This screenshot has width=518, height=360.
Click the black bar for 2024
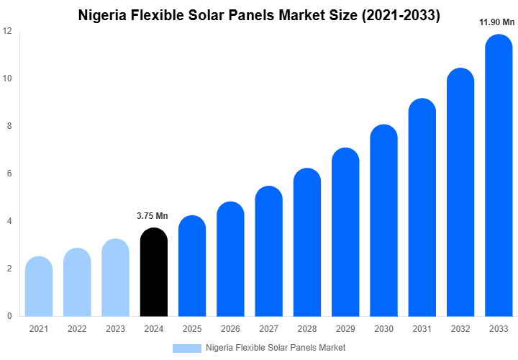(153, 274)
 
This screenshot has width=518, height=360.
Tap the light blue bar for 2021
(39, 288)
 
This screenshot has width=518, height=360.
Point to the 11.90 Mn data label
(497, 22)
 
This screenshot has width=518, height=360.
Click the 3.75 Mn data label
(152, 215)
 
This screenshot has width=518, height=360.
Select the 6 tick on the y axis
(9, 174)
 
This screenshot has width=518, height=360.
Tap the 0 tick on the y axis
(9, 316)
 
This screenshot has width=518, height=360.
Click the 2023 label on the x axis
(115, 329)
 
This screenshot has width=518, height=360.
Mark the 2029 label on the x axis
(345, 329)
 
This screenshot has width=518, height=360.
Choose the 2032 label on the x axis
(460, 329)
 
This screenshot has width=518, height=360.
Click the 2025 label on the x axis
(192, 329)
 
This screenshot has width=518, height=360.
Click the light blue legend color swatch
(186, 348)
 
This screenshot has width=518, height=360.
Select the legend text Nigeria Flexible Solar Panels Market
(276, 348)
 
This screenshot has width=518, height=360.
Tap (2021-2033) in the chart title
(399, 14)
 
